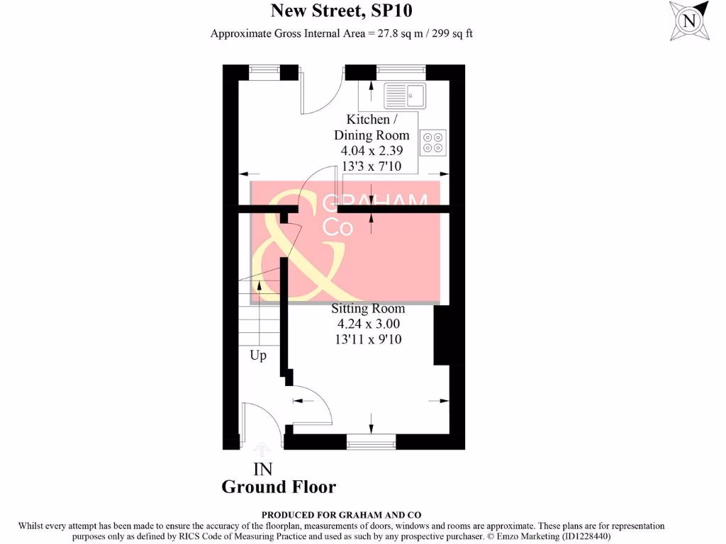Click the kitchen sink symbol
405,95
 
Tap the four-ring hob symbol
432,142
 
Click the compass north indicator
688,21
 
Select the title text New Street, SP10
342,11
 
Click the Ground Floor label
279,487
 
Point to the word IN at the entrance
263,469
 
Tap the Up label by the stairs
258,356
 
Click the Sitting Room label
369,309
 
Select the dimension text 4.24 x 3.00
369,324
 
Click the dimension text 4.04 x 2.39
372,150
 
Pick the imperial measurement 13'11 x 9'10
369,339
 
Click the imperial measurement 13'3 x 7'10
372,166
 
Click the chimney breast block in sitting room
442,335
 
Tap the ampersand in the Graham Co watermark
291,248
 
